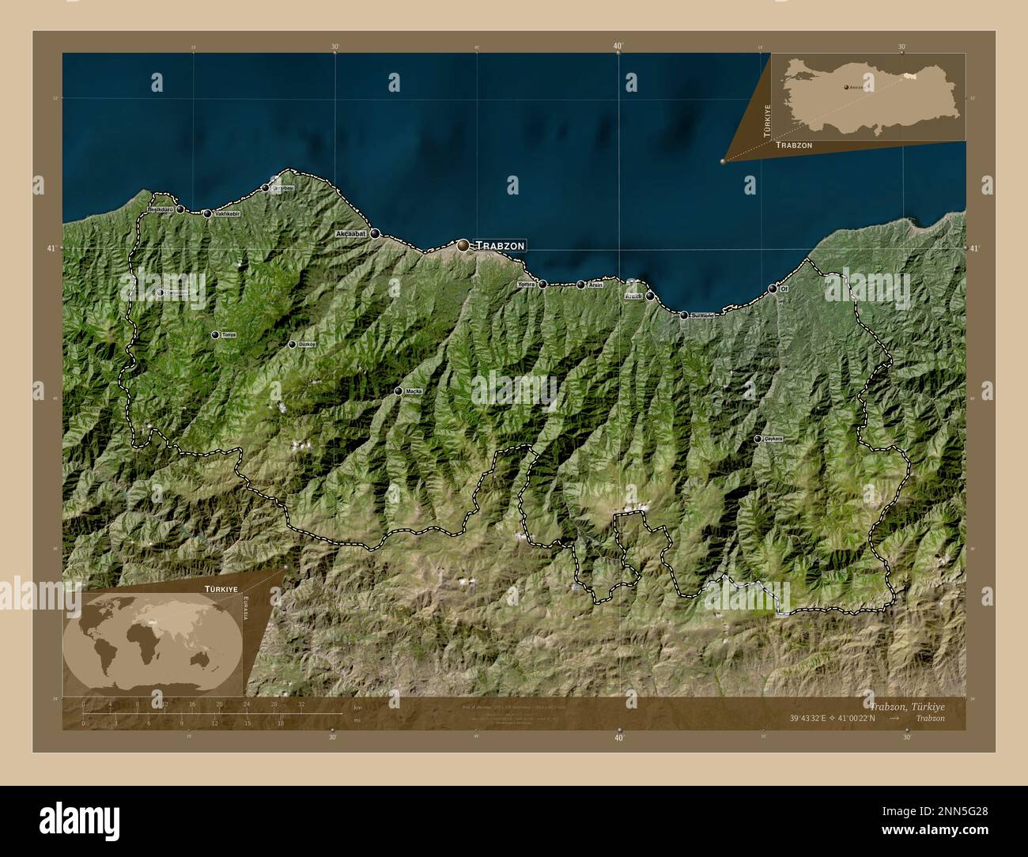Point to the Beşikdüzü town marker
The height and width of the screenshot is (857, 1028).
pyautogui.click(x=180, y=210)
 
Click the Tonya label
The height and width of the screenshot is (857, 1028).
pyautogui.click(x=229, y=335)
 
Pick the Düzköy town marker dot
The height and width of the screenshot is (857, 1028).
pyautogui.click(x=292, y=345)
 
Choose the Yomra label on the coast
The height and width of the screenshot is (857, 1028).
pyautogui.click(x=526, y=284)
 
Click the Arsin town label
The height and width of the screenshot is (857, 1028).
pyautogui.click(x=595, y=285)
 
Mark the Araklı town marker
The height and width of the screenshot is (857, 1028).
pyautogui.click(x=649, y=296)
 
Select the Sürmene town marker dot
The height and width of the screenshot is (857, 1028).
pyautogui.click(x=684, y=315)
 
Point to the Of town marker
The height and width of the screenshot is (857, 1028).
pyautogui.click(x=773, y=289)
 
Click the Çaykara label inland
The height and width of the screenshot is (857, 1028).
pyautogui.click(x=772, y=439)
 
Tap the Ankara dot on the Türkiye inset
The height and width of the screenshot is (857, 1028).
pyautogui.click(x=845, y=88)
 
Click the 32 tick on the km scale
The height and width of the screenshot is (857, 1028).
pyautogui.click(x=301, y=704)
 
